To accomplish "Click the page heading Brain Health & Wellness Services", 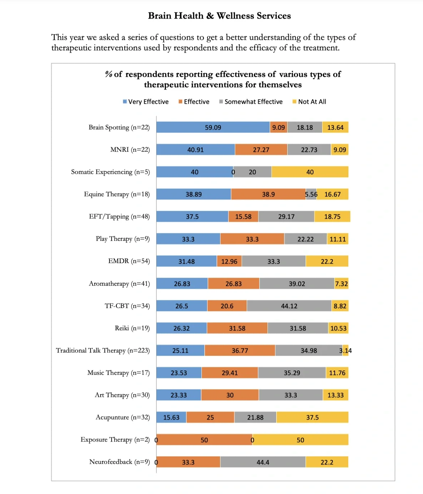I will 219,16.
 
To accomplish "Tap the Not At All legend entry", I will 309,102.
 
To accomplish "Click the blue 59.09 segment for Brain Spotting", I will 213,127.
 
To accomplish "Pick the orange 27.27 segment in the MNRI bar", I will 261,149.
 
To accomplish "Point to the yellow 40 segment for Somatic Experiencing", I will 310,172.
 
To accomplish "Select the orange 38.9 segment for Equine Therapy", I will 268,194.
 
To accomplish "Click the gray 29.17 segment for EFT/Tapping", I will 286,216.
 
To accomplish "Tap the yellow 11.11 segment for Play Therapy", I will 338,239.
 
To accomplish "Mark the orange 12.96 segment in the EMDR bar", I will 229,261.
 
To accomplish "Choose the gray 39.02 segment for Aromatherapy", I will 297,283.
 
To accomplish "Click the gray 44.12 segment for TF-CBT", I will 289,306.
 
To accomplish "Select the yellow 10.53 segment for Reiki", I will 338,328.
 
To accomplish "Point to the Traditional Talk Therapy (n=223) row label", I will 103,350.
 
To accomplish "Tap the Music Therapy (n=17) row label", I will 118,373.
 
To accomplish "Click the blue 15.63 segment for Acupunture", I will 171,417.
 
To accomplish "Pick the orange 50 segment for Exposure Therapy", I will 204,440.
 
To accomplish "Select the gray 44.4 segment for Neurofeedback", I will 263,462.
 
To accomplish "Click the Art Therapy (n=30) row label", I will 122,395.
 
